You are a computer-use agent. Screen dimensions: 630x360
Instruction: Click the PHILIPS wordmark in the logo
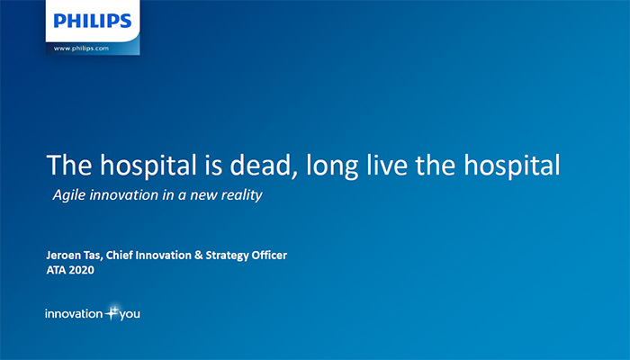tap(93, 21)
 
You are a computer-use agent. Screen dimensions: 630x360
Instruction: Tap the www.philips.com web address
tap(81, 49)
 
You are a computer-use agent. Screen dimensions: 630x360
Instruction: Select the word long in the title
tap(332, 166)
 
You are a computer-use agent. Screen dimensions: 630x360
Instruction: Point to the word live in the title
tap(387, 165)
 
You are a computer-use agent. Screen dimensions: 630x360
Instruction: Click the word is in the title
tap(213, 165)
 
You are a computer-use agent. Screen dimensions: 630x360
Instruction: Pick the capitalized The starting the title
tap(69, 165)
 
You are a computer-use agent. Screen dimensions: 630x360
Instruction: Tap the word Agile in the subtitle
tap(68, 195)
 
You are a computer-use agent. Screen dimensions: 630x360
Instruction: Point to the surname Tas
tap(93, 256)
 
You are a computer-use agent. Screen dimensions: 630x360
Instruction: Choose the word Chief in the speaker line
tap(120, 255)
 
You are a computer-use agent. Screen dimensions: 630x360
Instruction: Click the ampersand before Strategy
tap(199, 255)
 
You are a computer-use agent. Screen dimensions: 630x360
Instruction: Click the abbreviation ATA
tap(56, 270)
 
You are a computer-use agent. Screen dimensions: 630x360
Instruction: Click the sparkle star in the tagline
tap(112, 312)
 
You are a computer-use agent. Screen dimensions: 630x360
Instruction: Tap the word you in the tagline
tap(130, 315)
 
